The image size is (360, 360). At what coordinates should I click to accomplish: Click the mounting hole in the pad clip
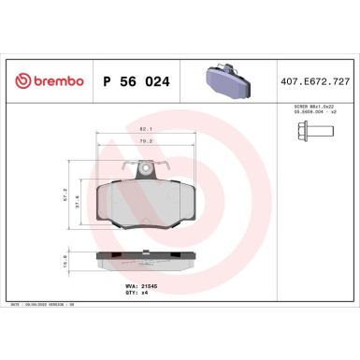144,169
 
